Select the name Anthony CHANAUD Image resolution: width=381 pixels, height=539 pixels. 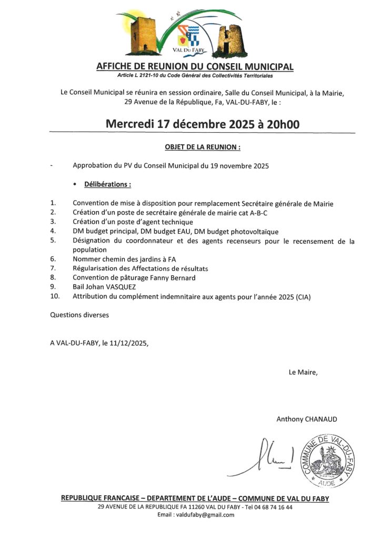coord(307,419)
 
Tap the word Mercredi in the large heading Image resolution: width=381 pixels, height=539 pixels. coord(129,124)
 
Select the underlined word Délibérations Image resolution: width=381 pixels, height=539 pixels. coord(107,185)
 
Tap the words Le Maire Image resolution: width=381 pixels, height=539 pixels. coord(303,372)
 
